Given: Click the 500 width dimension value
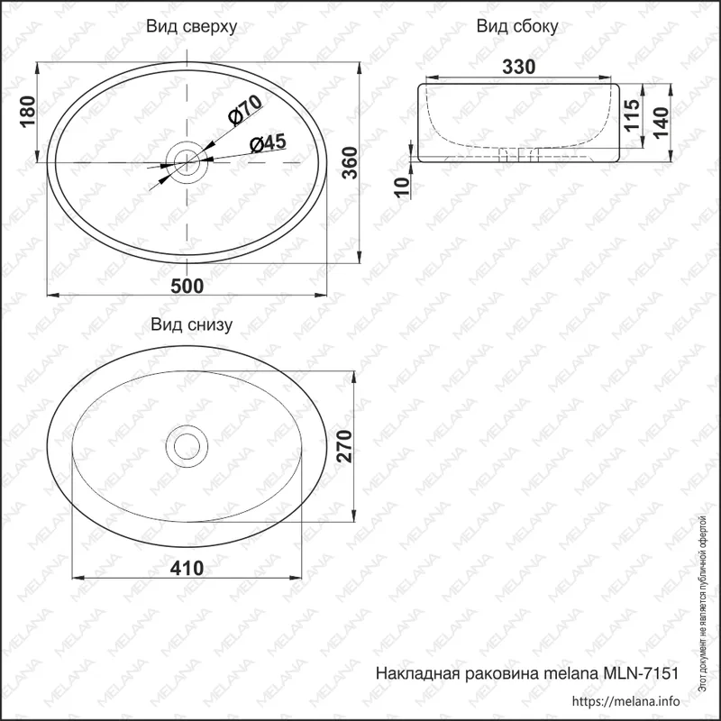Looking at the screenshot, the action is (x=187, y=286).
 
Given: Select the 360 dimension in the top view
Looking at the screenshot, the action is (x=351, y=163).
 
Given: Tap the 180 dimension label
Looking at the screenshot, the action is (x=28, y=112).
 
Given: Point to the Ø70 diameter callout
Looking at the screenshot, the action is (x=245, y=109).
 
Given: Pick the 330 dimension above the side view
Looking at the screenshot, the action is (x=519, y=67).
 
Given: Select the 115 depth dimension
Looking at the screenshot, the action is (x=632, y=115).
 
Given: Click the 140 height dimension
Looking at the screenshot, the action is (x=661, y=123).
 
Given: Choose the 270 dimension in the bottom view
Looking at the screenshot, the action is (x=344, y=446).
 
